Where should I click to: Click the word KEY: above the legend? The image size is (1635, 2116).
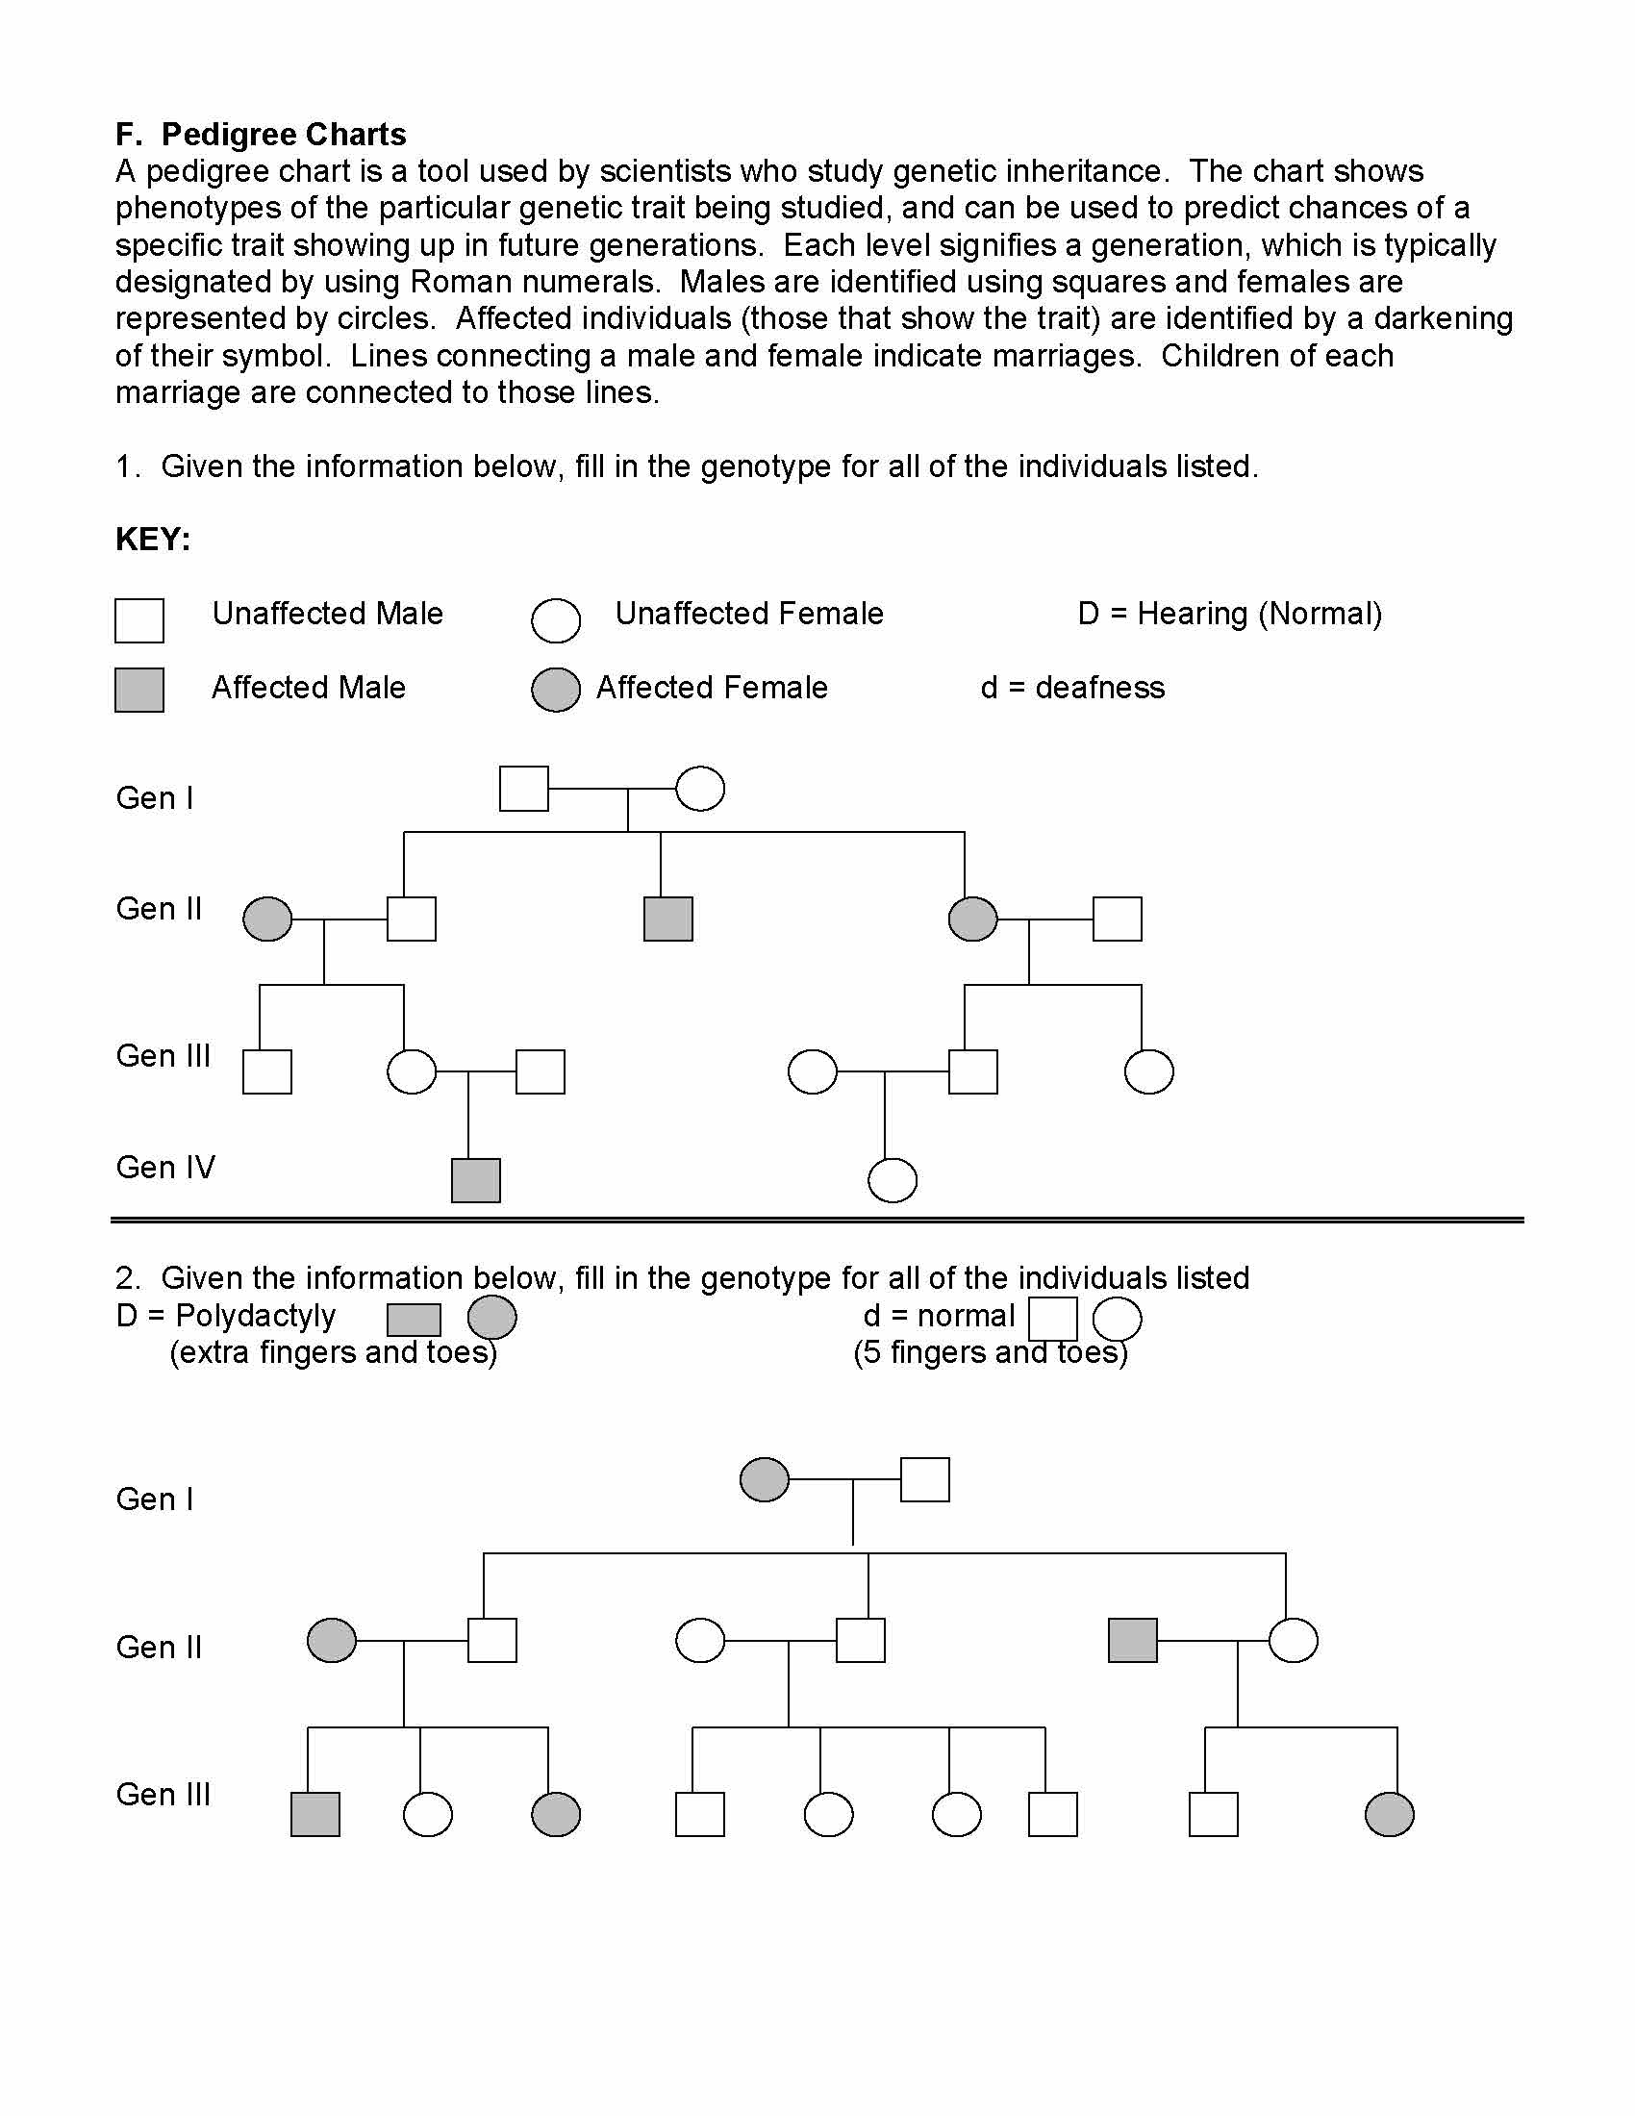point(153,539)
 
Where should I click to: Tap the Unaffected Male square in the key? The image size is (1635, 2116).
point(139,620)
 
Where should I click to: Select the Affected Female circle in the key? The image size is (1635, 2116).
point(556,690)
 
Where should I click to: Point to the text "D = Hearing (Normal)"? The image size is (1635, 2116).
point(1229,614)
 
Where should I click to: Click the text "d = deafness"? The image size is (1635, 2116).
point(1072,688)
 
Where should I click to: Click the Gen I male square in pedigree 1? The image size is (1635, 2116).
point(524,789)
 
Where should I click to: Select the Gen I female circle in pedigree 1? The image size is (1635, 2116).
point(699,789)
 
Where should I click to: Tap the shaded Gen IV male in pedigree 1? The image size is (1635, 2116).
point(475,1180)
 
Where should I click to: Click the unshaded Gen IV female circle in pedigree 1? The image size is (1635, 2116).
point(893,1180)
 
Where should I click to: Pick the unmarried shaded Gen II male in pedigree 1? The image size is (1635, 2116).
point(668,919)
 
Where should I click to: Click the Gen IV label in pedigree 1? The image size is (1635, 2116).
point(165,1167)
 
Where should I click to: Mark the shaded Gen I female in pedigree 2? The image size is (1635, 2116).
point(765,1479)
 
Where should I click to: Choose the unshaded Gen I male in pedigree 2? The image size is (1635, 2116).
point(925,1479)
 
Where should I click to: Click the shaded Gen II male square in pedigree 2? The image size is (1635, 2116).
point(1132,1640)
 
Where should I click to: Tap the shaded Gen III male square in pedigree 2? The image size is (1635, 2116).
point(315,1815)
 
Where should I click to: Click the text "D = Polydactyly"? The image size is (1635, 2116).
point(226,1316)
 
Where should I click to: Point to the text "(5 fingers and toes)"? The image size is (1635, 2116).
point(990,1352)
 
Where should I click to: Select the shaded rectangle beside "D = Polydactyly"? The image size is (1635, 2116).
point(414,1320)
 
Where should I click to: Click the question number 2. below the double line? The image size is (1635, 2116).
point(128,1278)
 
